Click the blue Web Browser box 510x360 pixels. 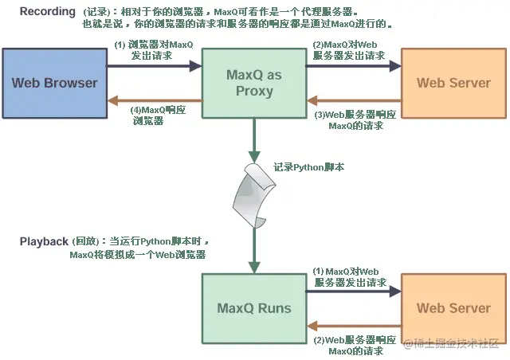tap(54, 83)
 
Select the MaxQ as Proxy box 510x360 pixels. tap(254, 83)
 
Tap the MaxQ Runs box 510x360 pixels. tap(254, 308)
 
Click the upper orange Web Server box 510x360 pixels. tap(453, 83)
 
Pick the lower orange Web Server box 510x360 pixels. tap(453, 308)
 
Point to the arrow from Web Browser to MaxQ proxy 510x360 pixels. tap(155, 66)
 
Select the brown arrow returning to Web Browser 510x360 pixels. tap(155, 100)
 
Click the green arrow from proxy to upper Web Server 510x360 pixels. tap(354, 66)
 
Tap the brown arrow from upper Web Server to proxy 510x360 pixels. tap(354, 101)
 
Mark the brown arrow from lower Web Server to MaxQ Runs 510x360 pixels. tap(354, 326)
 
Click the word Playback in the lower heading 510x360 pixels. tap(44, 241)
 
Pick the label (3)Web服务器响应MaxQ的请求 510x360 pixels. tap(351, 119)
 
